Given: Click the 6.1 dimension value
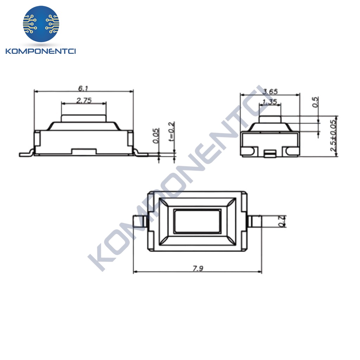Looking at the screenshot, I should coord(83,88).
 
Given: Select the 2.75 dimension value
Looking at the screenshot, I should coord(84,100).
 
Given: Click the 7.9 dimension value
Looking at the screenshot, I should coord(198,269).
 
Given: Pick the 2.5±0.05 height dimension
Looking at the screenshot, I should coord(333,136).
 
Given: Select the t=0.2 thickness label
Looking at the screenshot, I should coord(172,131).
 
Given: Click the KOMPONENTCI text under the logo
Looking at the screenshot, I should coord(41,52).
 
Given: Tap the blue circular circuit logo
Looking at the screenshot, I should coord(41,24).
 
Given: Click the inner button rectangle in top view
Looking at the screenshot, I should coord(197,221).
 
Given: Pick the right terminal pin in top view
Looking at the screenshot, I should coord(256,221).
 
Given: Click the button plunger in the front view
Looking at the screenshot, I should coord(84,118).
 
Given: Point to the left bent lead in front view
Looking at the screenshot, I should coord(26,154).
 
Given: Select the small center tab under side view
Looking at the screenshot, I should coord(270,153).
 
